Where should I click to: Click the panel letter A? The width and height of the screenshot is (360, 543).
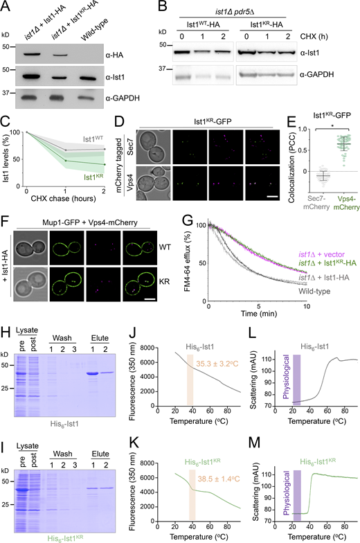[x=6, y=6]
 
